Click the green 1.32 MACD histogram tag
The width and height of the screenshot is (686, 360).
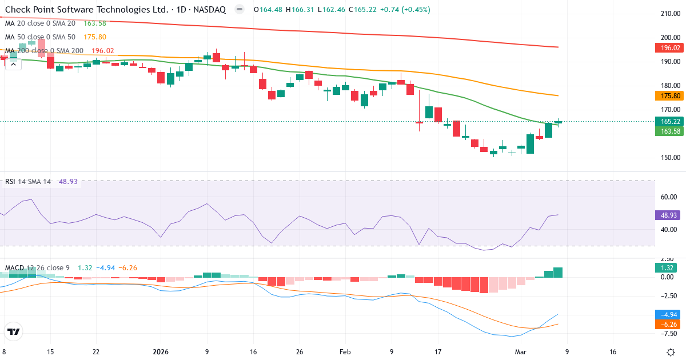click(x=667, y=268)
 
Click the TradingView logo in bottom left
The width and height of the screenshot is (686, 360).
click(x=14, y=331)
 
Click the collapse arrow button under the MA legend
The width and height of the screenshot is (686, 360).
click(x=13, y=64)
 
